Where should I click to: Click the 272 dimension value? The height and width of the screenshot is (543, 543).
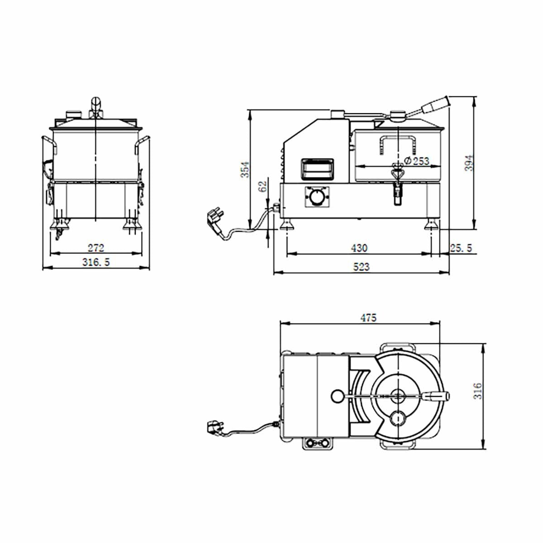(x=96, y=248)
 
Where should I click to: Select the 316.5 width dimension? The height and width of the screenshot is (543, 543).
(x=96, y=262)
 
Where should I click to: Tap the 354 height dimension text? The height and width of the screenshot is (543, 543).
(x=245, y=169)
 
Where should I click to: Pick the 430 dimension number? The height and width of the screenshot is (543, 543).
(x=359, y=248)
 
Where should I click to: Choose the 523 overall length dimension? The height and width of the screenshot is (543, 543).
(x=361, y=267)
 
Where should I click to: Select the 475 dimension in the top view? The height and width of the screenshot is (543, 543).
(x=368, y=318)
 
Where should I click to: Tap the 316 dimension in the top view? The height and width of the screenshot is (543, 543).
(x=478, y=391)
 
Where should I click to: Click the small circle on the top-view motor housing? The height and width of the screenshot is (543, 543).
(x=337, y=396)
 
